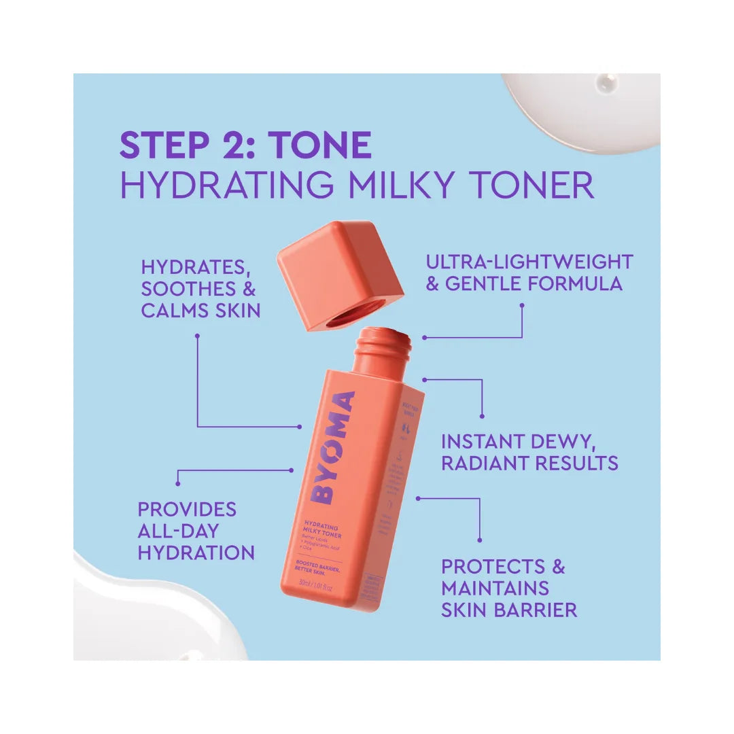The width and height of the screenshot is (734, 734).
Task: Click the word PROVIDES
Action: click(x=187, y=509)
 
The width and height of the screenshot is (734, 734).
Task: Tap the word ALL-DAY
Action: click(x=178, y=531)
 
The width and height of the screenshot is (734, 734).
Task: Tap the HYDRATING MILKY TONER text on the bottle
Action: click(x=321, y=531)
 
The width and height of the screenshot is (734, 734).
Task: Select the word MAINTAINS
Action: click(x=495, y=588)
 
